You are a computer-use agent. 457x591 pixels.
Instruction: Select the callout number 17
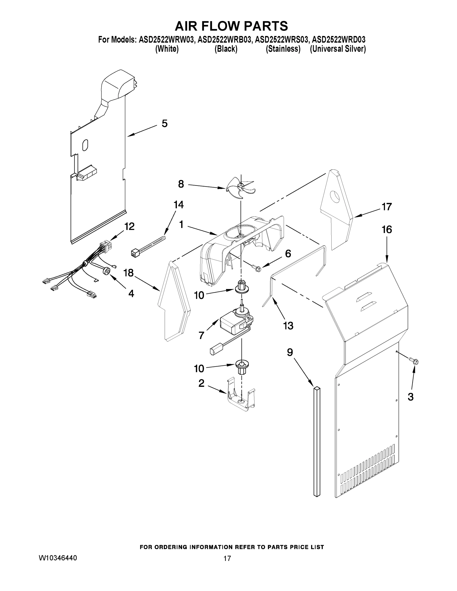[x=387, y=207]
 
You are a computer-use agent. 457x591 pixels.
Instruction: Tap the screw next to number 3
[x=414, y=361]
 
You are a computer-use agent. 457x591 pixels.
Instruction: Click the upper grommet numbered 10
[x=241, y=287]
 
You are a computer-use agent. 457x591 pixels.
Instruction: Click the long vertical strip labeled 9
[x=317, y=441]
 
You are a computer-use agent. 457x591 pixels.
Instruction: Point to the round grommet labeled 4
[x=107, y=271]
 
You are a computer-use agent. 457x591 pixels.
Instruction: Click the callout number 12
[x=129, y=227]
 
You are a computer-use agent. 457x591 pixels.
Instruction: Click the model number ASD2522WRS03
[x=281, y=40]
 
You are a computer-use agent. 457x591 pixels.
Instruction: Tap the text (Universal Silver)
[x=338, y=49]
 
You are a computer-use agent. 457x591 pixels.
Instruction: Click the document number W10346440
[x=58, y=558]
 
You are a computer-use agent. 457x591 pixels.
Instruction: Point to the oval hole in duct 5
[x=85, y=145]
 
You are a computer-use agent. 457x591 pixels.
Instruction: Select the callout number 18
[x=129, y=273]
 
